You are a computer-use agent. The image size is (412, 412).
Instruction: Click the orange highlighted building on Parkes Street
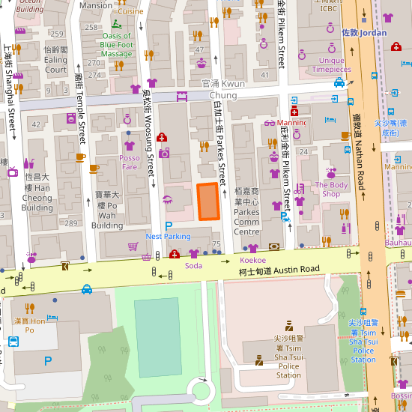point(208,202)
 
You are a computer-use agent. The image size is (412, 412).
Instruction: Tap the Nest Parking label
point(168,236)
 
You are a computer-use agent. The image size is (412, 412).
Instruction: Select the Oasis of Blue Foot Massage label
point(116,44)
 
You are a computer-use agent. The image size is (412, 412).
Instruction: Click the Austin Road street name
point(279,270)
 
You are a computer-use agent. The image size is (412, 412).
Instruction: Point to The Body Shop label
point(332,189)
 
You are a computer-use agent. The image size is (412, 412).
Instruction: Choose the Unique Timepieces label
point(331,65)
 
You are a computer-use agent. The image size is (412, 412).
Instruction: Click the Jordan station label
point(364,33)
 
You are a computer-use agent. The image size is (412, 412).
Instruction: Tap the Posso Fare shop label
point(130,163)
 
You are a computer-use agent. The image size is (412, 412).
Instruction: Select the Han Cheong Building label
point(37,193)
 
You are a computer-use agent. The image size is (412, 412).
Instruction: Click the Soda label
point(193,266)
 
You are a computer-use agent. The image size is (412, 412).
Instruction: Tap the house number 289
point(70,223)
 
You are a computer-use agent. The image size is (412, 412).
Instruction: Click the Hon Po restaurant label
point(29,325)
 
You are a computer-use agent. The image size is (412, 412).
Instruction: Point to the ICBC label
point(329,9)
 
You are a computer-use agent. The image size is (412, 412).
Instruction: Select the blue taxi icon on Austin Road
point(87,289)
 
